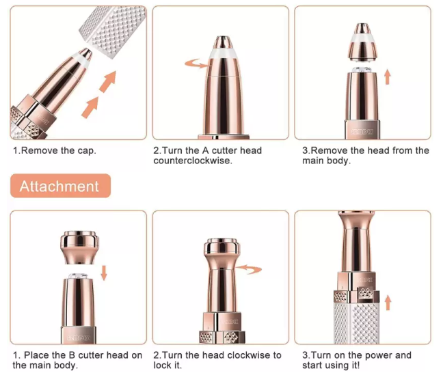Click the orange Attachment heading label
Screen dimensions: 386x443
point(59,186)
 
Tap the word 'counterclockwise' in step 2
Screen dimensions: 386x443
point(192,161)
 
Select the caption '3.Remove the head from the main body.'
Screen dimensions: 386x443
point(366,156)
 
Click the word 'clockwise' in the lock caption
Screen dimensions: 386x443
point(251,355)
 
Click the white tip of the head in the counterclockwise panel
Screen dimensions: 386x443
point(220,48)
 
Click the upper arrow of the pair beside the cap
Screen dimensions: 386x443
point(107,83)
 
